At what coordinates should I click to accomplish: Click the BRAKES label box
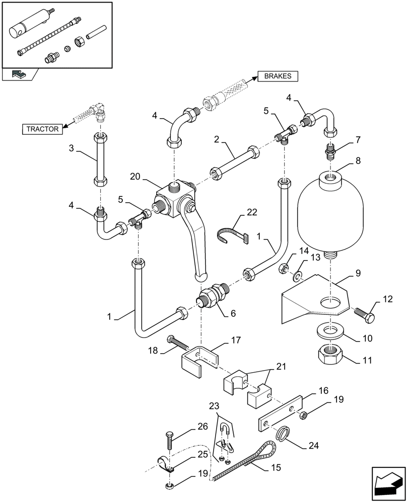[x=278, y=76]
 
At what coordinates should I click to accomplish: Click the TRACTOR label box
[x=42, y=129]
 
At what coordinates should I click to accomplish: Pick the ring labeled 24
[x=284, y=433]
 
